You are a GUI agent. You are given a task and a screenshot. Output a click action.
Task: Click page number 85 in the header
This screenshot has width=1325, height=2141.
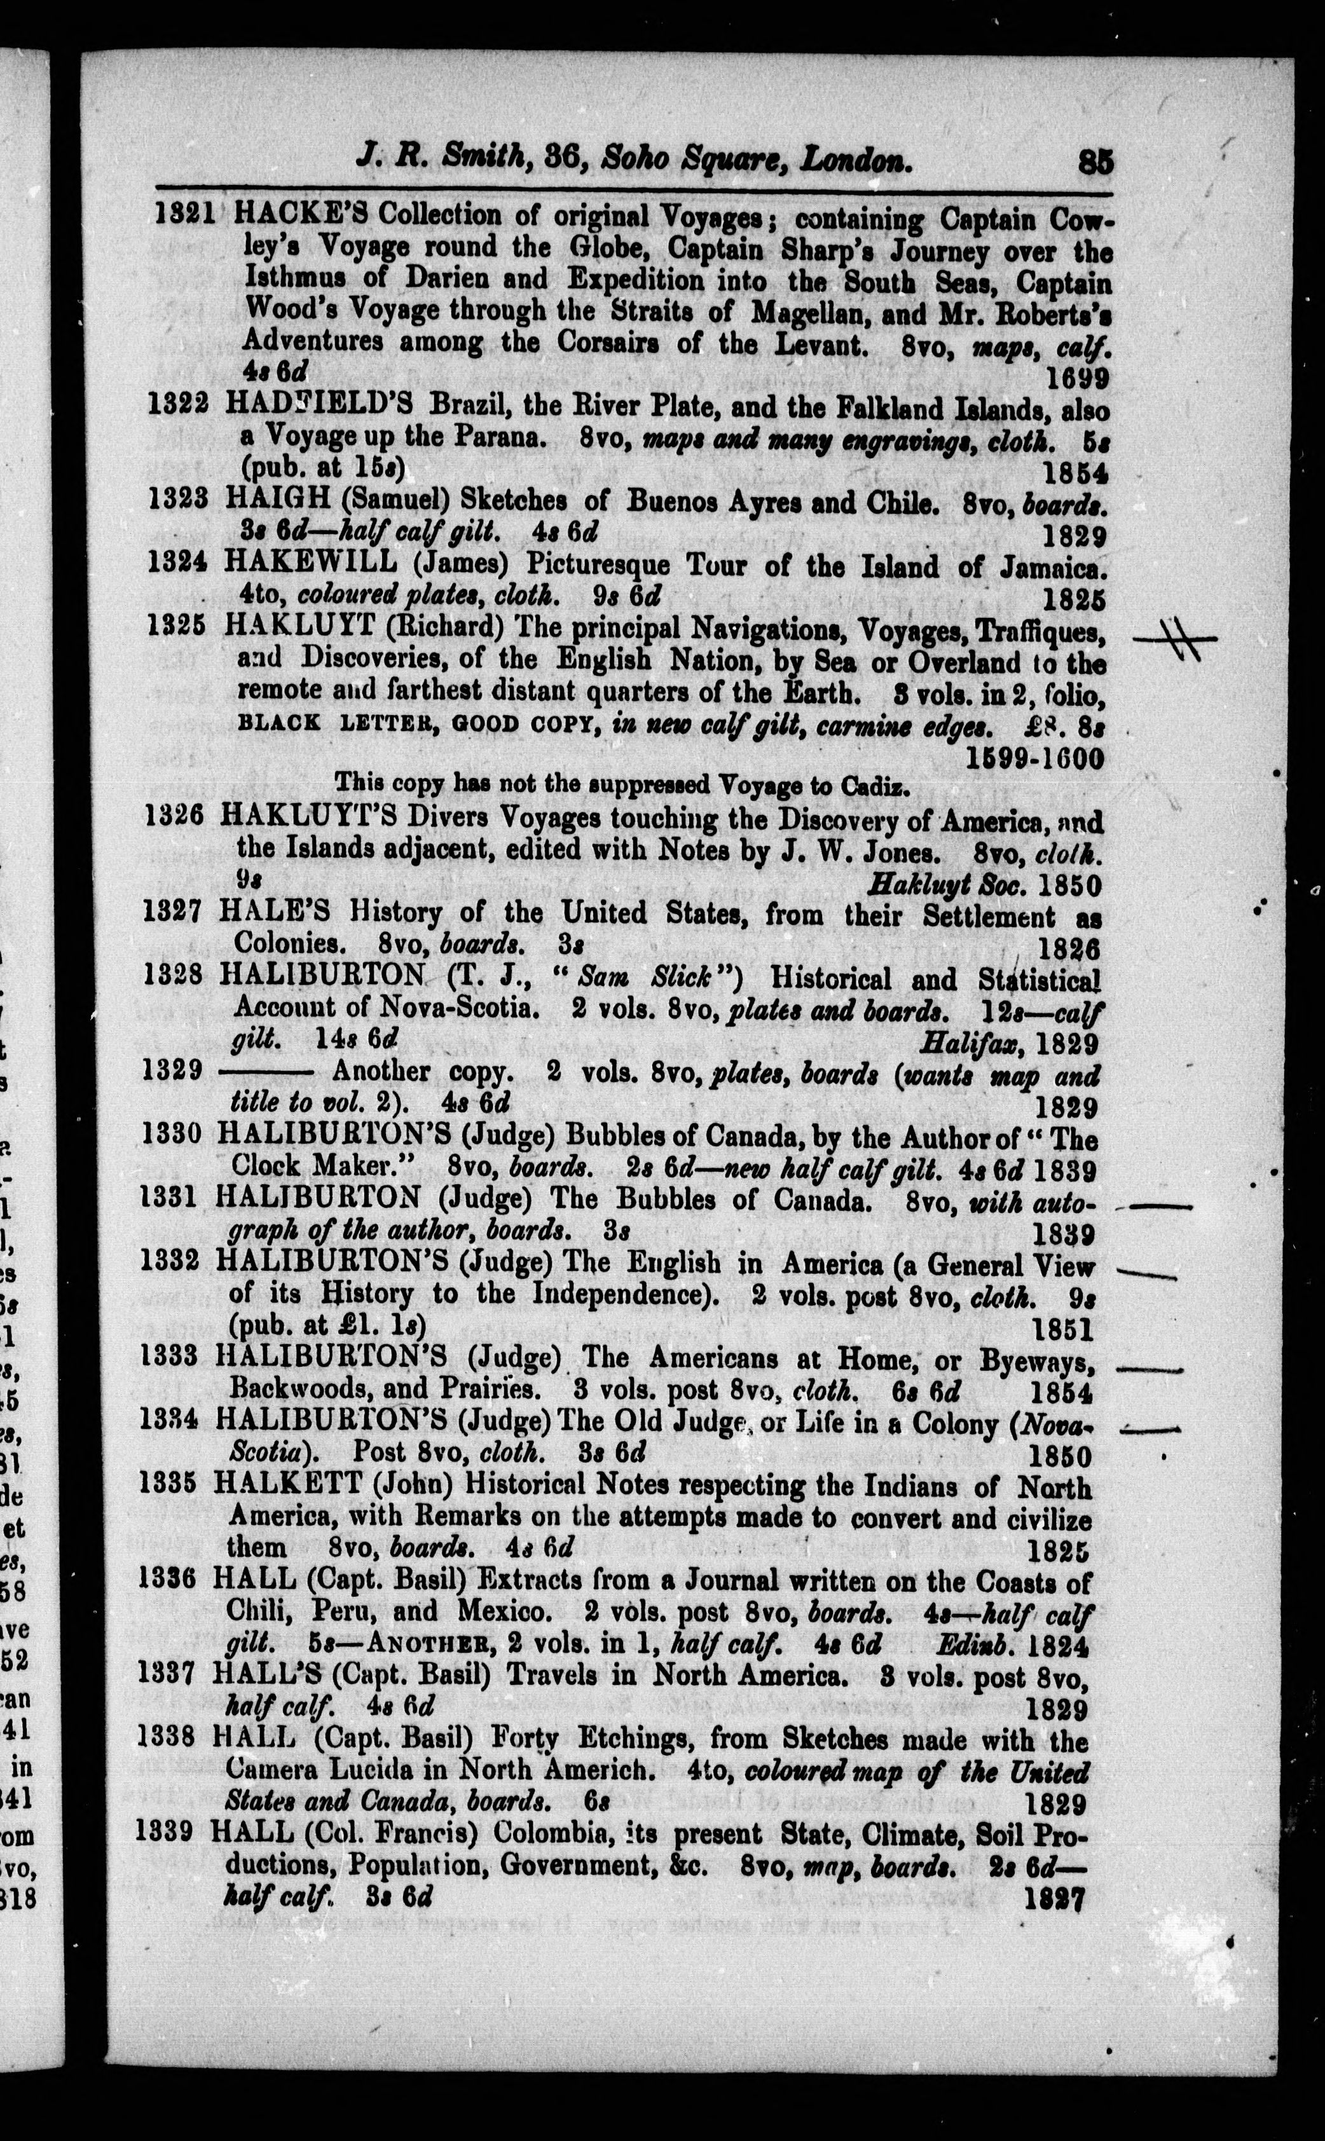click(x=1095, y=163)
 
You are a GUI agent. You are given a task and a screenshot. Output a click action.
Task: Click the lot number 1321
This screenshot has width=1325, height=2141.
click(x=186, y=215)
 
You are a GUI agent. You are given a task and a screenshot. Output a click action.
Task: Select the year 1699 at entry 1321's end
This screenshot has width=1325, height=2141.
click(x=1078, y=378)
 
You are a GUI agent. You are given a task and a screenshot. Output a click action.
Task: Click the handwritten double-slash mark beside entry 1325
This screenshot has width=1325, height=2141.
click(x=1175, y=640)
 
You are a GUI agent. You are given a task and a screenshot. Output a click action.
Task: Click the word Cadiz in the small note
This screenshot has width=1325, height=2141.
click(x=882, y=785)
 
